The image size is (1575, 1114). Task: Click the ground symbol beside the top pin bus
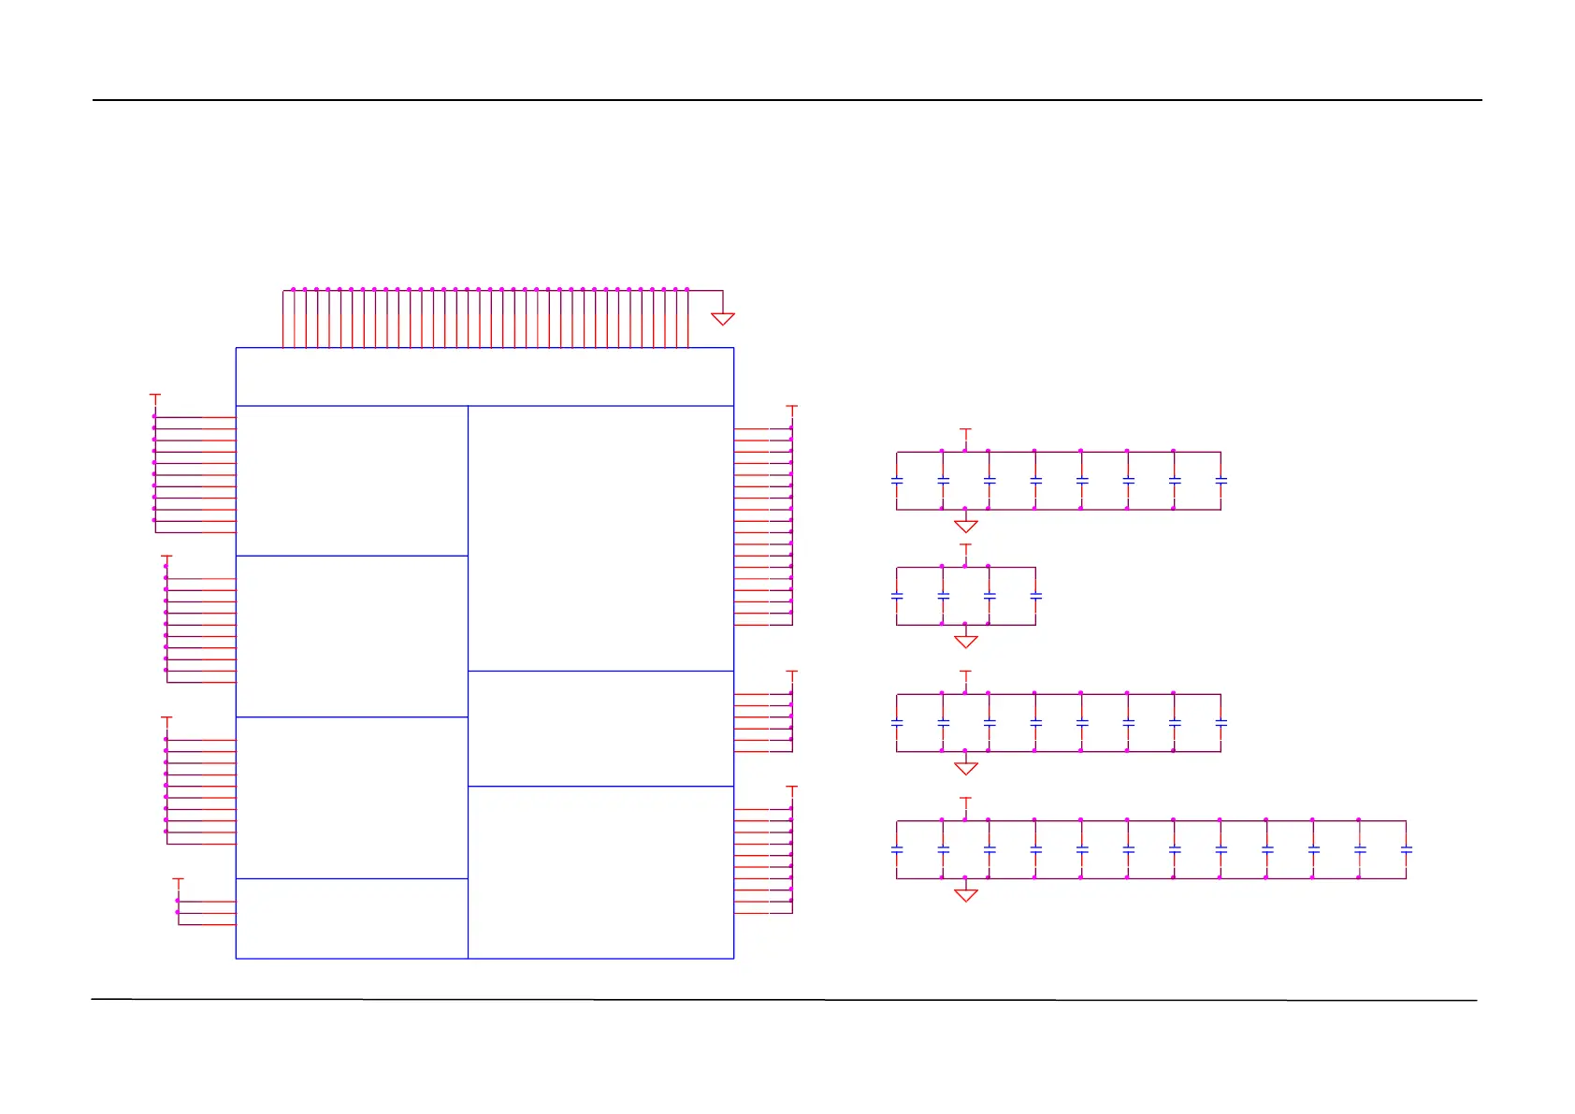[x=723, y=319]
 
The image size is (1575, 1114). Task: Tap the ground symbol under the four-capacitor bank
[x=966, y=641]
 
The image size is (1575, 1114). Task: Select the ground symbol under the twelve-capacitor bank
[x=966, y=895]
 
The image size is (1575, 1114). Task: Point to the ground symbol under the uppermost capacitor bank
[x=966, y=526]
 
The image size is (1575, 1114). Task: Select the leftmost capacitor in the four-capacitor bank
[x=897, y=596]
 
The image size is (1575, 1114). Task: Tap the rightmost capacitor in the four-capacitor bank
[x=1035, y=596]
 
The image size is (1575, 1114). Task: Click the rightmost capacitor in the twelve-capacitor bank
[x=1406, y=849]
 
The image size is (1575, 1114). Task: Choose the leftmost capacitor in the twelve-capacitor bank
[x=897, y=849]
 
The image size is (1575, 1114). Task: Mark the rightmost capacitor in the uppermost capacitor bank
[x=1221, y=481]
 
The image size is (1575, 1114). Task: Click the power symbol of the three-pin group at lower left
[x=179, y=880]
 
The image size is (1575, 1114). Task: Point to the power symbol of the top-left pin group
[x=155, y=397]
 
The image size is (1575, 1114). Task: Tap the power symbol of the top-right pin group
[x=792, y=408]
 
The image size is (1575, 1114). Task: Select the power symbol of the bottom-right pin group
[x=792, y=788]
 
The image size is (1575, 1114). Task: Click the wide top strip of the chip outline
[x=484, y=377]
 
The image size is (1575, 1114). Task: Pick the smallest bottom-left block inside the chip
[x=352, y=919]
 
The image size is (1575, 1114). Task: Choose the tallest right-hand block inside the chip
[x=600, y=538]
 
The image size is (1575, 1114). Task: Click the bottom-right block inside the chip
[x=600, y=872]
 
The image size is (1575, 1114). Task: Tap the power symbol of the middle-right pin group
[x=792, y=673]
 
